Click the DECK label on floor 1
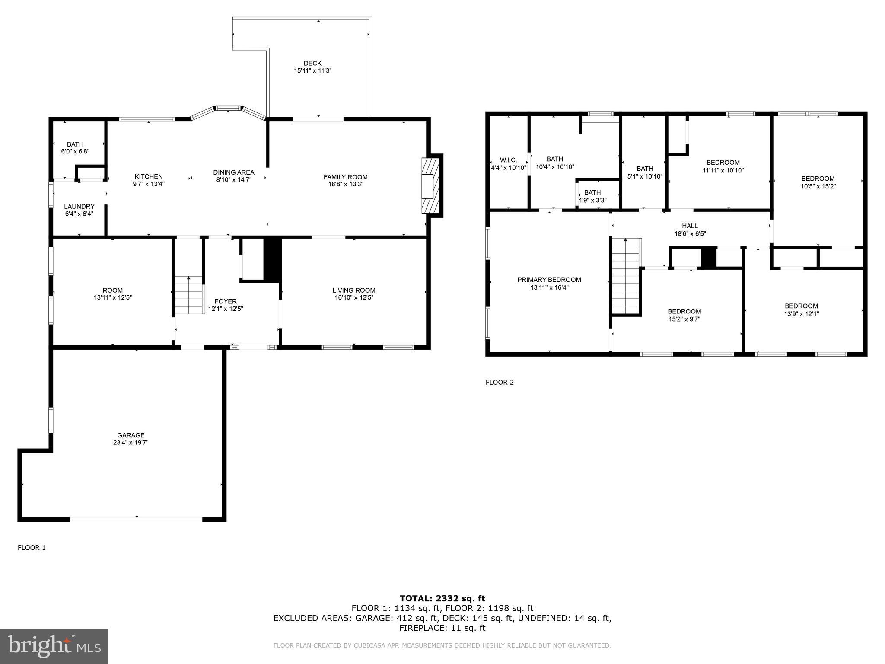tap(312, 64)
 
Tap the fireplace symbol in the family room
tap(430, 185)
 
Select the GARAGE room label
tap(131, 435)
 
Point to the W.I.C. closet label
tap(508, 160)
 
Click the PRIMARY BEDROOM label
tap(549, 280)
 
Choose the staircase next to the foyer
tap(189, 295)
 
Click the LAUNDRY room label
tap(79, 207)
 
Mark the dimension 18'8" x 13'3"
tap(345, 184)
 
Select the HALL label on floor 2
tap(690, 226)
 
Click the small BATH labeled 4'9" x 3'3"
tap(592, 193)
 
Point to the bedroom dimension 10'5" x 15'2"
tap(818, 186)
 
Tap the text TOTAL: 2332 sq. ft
tap(442, 599)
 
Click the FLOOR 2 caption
tap(500, 382)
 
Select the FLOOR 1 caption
tap(32, 548)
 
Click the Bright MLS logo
tap(54, 646)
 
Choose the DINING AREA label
tap(233, 172)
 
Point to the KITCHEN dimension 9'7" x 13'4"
tap(149, 184)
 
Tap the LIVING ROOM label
tap(353, 290)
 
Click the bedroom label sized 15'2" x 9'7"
tap(684, 312)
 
